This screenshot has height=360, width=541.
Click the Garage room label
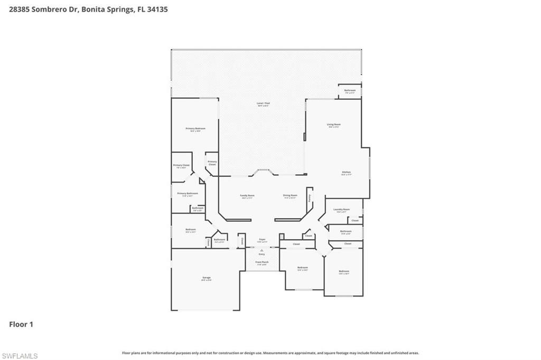coord(206,278)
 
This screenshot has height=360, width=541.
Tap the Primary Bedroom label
coord(195,129)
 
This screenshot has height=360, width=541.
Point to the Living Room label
coord(333,125)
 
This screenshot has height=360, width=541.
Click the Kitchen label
coord(346,172)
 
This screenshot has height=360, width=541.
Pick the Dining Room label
coord(290,195)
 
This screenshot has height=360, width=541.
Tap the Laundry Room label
coord(342,210)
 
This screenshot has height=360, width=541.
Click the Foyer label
coord(262,240)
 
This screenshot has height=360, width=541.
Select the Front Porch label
coord(262,262)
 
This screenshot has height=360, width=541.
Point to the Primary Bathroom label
coord(188,193)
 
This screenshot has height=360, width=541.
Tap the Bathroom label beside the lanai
coord(350,90)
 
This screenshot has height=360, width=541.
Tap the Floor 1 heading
coord(21,325)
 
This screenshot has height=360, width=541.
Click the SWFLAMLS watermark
coord(20,356)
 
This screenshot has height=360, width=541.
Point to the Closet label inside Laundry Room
coord(355,220)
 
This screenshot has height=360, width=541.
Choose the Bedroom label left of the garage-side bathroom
coord(190,230)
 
